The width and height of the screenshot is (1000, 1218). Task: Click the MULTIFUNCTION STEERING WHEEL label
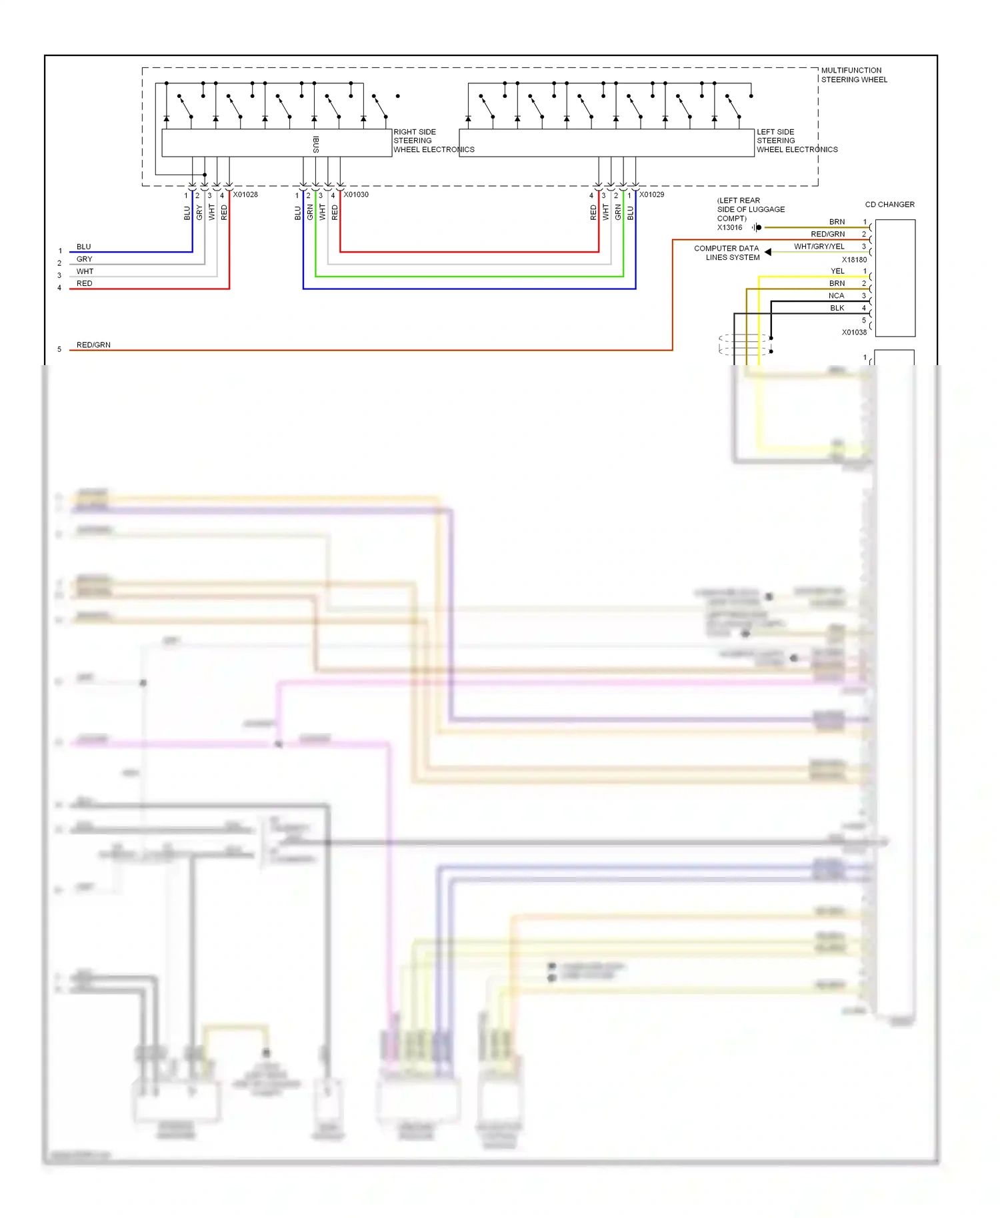(x=853, y=75)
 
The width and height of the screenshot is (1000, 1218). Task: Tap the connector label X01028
(x=245, y=195)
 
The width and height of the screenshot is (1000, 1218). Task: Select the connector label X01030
(x=356, y=195)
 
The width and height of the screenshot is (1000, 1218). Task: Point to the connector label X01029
(x=651, y=195)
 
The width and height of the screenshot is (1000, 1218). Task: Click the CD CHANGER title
(x=889, y=205)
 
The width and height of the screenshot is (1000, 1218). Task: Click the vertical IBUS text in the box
(x=316, y=144)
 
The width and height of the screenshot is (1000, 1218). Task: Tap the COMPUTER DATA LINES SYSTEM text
(x=727, y=253)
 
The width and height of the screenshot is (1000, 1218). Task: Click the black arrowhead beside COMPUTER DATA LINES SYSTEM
(x=768, y=252)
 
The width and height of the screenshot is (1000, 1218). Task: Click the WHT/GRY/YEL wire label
(x=819, y=247)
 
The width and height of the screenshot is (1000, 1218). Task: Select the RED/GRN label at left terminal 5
(x=93, y=345)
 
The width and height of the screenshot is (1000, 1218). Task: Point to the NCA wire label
(x=836, y=296)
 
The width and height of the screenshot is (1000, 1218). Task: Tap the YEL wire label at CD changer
(x=837, y=271)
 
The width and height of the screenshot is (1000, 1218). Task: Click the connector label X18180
(x=854, y=260)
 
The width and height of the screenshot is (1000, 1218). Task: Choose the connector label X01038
(x=854, y=332)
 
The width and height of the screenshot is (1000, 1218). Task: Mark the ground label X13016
(x=729, y=228)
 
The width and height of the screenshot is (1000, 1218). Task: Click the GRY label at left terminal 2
(x=85, y=259)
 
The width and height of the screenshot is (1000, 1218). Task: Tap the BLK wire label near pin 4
(x=837, y=308)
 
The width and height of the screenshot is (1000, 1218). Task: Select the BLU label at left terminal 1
(x=83, y=247)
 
